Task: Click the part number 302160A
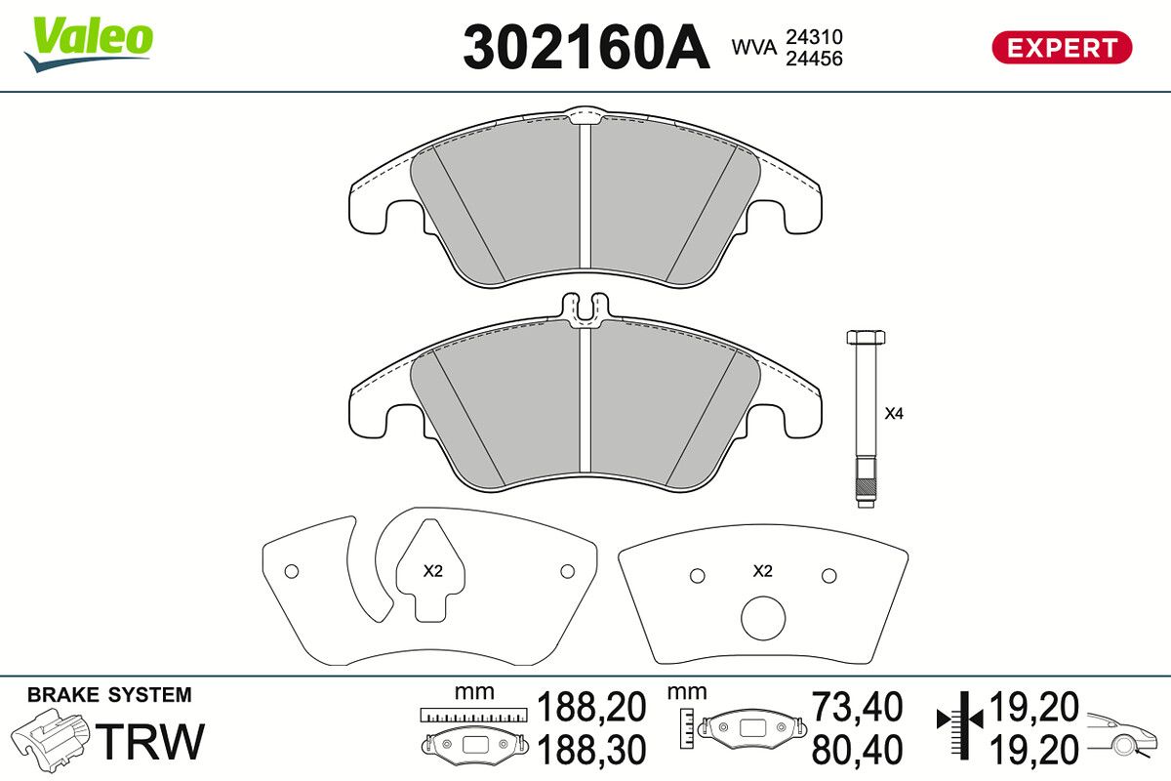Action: [x=586, y=48]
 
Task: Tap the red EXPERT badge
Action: [x=1062, y=48]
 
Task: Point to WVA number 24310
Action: [x=814, y=37]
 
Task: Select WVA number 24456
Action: [x=814, y=59]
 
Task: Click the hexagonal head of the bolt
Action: [x=866, y=337]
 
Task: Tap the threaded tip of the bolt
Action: [x=867, y=487]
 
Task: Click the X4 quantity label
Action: [x=894, y=414]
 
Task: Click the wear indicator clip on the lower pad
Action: [x=585, y=309]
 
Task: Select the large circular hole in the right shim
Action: [x=763, y=618]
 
